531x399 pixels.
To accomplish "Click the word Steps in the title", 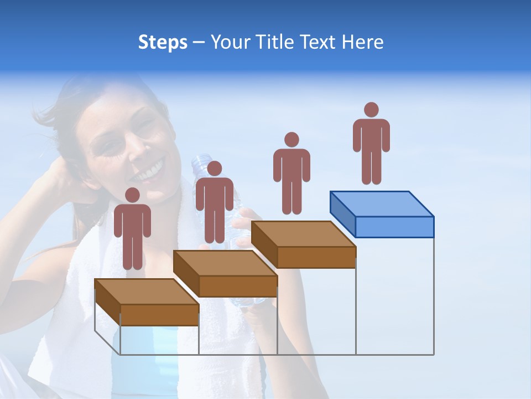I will coord(163,43).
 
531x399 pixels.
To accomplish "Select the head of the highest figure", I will coord(371,110).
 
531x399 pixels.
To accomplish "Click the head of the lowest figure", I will coord(132,195).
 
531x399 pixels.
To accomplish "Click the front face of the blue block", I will coord(394,227).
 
